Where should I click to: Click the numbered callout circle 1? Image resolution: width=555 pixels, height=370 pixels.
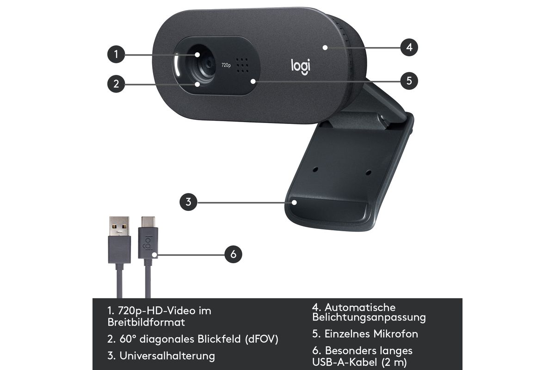pyautogui.click(x=116, y=54)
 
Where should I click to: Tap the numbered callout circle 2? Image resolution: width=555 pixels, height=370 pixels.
pyautogui.click(x=116, y=84)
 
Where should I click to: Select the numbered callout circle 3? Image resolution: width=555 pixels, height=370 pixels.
pyautogui.click(x=188, y=202)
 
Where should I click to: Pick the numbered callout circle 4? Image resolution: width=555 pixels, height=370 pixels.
pyautogui.click(x=409, y=47)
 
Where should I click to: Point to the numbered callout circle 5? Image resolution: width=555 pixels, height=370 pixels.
pyautogui.click(x=409, y=81)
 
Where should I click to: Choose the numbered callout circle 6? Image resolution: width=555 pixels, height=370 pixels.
pyautogui.click(x=233, y=254)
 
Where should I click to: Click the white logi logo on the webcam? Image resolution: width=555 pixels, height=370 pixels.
pyautogui.click(x=300, y=67)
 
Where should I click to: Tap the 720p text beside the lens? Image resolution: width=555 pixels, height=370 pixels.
pyautogui.click(x=226, y=65)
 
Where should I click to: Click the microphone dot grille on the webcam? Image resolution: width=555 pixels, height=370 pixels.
pyautogui.click(x=242, y=65)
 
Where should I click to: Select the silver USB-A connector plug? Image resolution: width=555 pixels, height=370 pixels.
pyautogui.click(x=119, y=226)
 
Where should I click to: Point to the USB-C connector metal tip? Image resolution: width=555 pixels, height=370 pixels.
pyautogui.click(x=148, y=222)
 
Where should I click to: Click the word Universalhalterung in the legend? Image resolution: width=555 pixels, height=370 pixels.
pyautogui.click(x=167, y=356)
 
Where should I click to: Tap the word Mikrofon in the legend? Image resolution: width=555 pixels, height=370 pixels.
pyautogui.click(x=396, y=334)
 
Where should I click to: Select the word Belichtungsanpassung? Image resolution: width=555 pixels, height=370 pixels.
pyautogui.click(x=369, y=317)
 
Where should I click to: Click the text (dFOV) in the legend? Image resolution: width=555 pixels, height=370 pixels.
pyautogui.click(x=262, y=339)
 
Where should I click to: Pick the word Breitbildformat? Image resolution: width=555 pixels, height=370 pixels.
pyautogui.click(x=146, y=322)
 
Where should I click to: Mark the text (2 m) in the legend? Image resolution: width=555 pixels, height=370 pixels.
pyautogui.click(x=394, y=362)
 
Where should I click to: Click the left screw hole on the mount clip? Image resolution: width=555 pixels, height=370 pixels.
pyautogui.click(x=315, y=170)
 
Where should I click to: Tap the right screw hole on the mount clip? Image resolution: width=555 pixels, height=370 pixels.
pyautogui.click(x=369, y=172)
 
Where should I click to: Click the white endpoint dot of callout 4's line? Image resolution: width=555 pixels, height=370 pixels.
pyautogui.click(x=325, y=47)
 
